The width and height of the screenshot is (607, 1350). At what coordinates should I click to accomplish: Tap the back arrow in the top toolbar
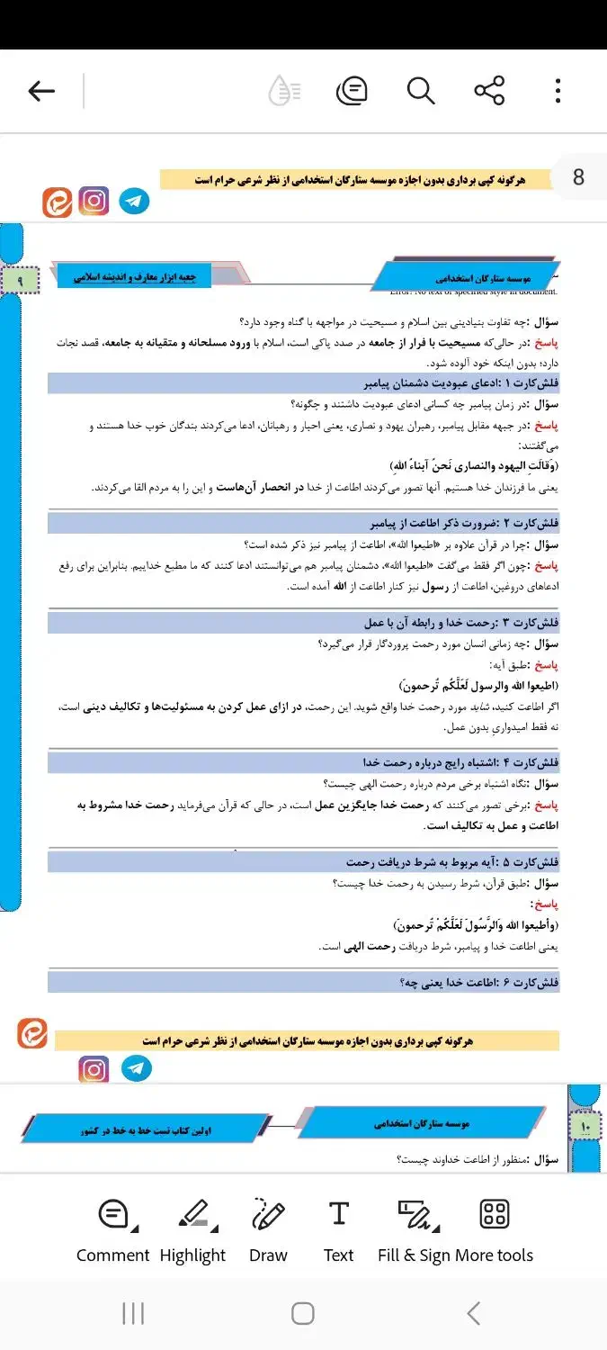[42, 91]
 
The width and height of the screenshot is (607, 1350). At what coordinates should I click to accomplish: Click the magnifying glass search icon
[420, 91]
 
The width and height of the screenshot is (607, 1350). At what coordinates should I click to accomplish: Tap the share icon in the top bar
[489, 91]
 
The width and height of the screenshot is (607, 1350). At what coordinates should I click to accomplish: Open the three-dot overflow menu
[558, 91]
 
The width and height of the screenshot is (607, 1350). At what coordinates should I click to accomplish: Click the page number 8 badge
[578, 177]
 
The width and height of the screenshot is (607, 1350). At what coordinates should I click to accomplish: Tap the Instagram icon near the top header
[94, 201]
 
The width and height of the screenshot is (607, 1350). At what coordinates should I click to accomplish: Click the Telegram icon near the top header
[135, 201]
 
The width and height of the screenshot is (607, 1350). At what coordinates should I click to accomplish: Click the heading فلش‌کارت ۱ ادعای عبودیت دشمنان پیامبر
[461, 384]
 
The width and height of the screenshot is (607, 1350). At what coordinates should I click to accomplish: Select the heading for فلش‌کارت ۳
[461, 623]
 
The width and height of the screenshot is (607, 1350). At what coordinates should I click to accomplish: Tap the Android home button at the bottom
[303, 1313]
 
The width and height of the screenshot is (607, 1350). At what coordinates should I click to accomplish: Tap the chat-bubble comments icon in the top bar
[352, 91]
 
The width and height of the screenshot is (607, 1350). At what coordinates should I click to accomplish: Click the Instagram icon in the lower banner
[94, 1069]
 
